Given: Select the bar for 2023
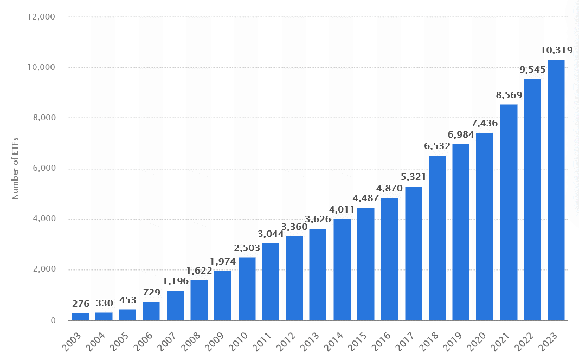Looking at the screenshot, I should pos(556,190).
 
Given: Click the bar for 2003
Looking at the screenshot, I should pos(80,317).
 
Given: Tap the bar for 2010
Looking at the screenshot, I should pos(247,288).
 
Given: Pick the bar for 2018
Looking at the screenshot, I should pos(437,238).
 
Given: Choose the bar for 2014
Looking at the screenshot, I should pos(342,269).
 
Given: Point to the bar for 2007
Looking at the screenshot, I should pos(175,305).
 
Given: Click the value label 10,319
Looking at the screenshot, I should pos(557,51).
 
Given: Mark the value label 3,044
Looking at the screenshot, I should pos(271,234).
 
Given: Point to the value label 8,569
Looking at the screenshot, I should pos(510,95).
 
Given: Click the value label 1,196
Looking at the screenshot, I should pos(176,281).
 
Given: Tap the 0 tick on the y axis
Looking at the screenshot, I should pos(53,320).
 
